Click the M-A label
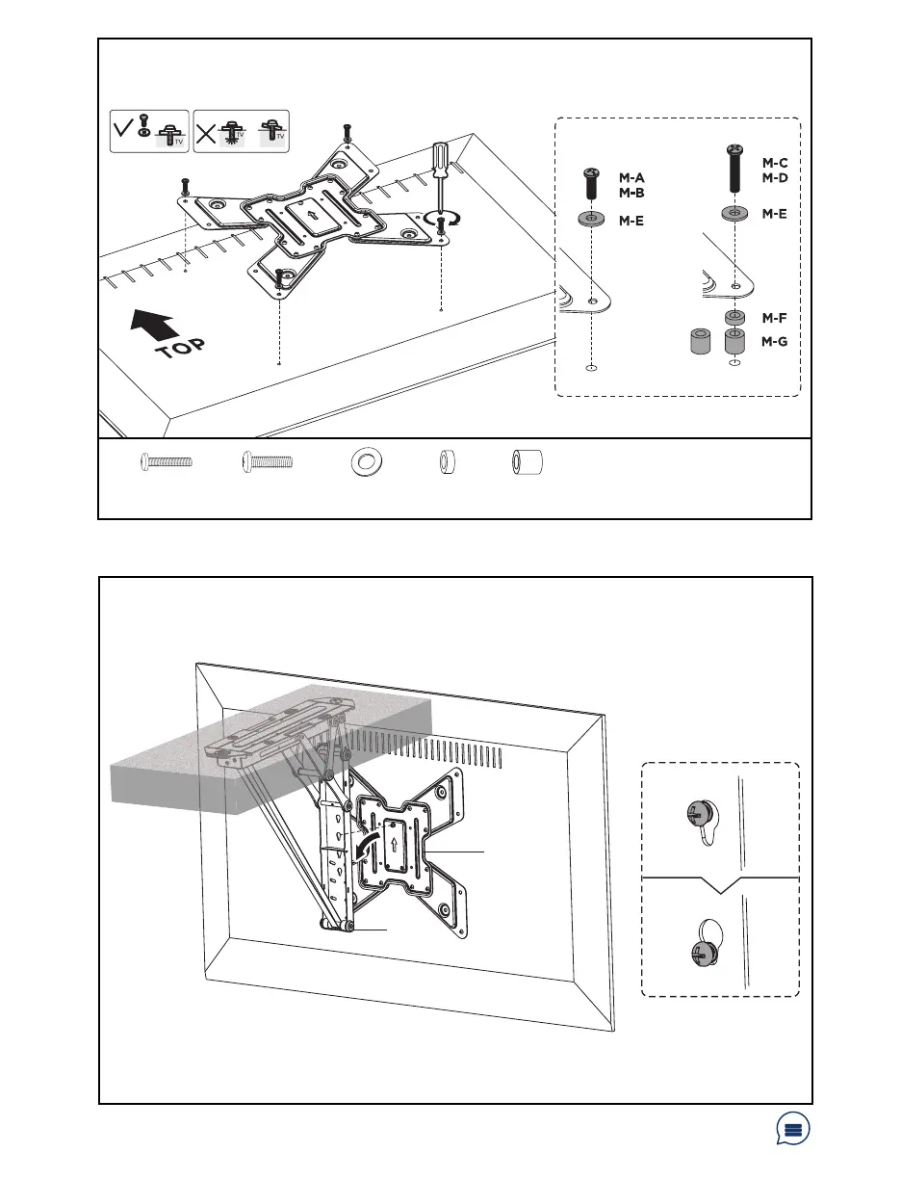pyautogui.click(x=631, y=178)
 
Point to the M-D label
pyautogui.click(x=775, y=178)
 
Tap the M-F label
pyautogui.click(x=775, y=318)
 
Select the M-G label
pyautogui.click(x=775, y=341)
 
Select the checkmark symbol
pyautogui.click(x=121, y=131)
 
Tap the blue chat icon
pyautogui.click(x=793, y=1131)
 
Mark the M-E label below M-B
pyautogui.click(x=631, y=221)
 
